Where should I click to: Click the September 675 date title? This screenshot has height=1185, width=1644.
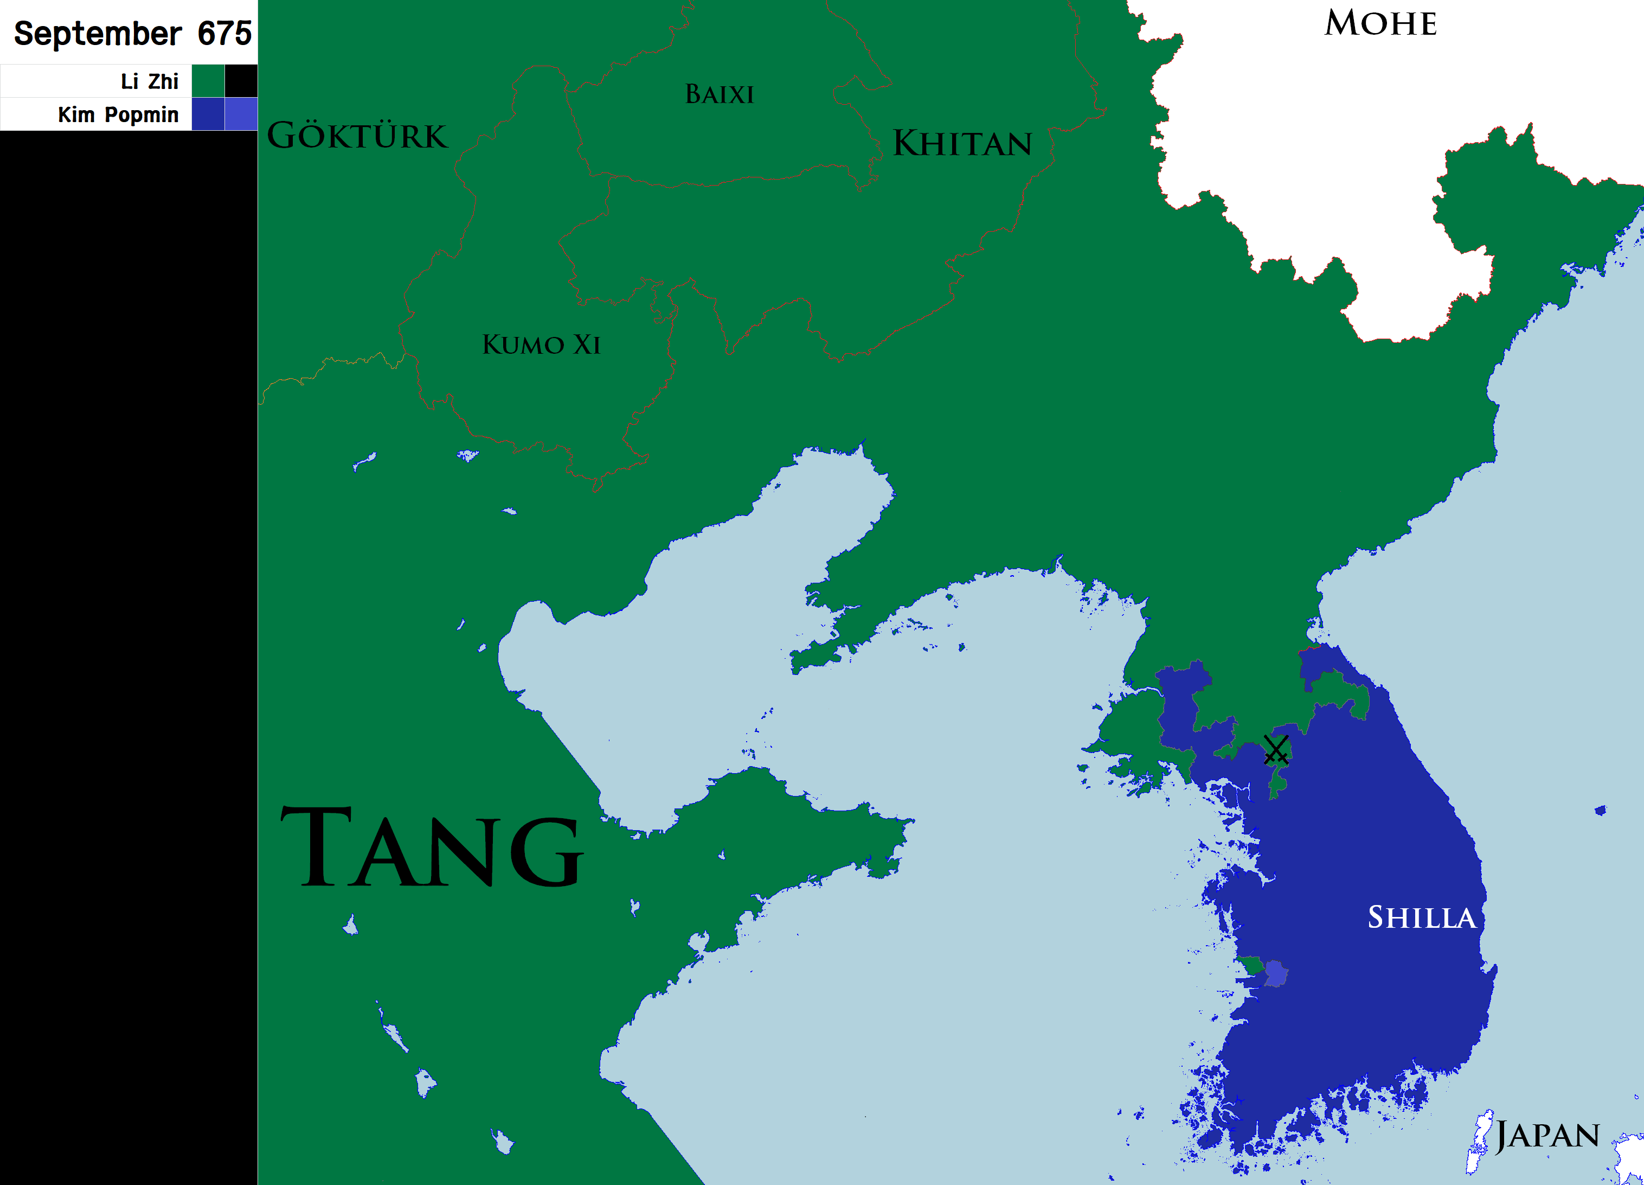(133, 33)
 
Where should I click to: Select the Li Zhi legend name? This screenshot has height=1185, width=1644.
(149, 81)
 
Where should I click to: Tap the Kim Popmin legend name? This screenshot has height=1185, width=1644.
(118, 114)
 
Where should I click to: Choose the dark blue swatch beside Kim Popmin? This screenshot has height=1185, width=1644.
(208, 114)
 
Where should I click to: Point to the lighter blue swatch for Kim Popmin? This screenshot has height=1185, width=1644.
(241, 114)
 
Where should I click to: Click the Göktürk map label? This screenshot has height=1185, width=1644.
(357, 136)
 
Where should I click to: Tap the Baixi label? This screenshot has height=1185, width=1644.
(719, 94)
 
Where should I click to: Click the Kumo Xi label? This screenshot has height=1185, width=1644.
(541, 345)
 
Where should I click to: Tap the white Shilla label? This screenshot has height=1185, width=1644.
(1421, 918)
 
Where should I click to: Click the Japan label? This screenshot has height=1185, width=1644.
(1547, 1136)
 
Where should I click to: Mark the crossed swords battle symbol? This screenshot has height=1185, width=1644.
(1276, 749)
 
